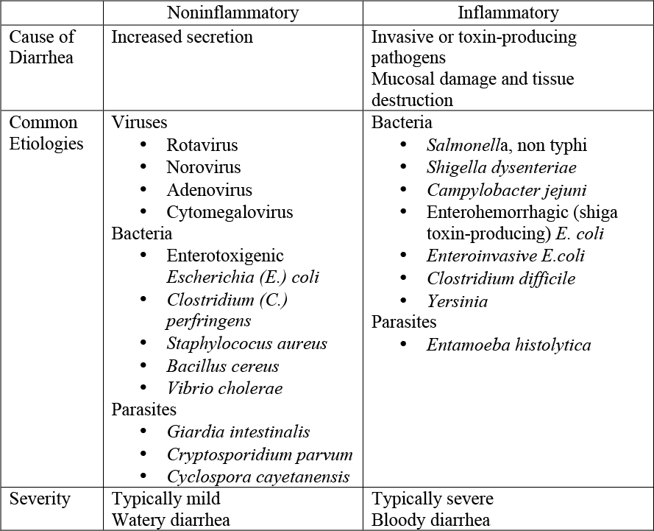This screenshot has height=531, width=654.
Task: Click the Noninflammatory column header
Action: (232, 13)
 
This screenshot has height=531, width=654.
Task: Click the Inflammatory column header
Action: (508, 13)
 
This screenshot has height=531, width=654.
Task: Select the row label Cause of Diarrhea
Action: (43, 47)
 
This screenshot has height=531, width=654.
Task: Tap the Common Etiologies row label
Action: (46, 133)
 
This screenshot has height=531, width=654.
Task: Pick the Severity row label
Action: (40, 499)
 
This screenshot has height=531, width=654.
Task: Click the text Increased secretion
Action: (182, 37)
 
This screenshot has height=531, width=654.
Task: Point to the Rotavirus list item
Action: (202, 145)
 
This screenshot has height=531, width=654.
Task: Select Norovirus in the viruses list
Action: (203, 167)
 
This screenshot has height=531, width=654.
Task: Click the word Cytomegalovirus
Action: (230, 212)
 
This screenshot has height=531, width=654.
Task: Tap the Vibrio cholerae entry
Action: (224, 388)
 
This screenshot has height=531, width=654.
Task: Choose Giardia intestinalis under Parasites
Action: (238, 432)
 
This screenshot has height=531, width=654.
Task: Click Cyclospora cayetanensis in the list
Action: (257, 477)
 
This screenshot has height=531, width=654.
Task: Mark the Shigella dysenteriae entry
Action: (501, 168)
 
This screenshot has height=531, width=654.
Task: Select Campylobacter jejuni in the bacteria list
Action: (506, 190)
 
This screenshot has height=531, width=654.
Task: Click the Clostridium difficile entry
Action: (500, 278)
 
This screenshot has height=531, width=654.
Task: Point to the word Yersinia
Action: (457, 300)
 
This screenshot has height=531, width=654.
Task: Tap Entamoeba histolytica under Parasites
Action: (508, 345)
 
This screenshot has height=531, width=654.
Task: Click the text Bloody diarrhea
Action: (430, 520)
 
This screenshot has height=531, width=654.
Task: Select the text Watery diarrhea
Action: (171, 520)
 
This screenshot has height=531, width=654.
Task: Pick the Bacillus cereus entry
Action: (222, 366)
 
